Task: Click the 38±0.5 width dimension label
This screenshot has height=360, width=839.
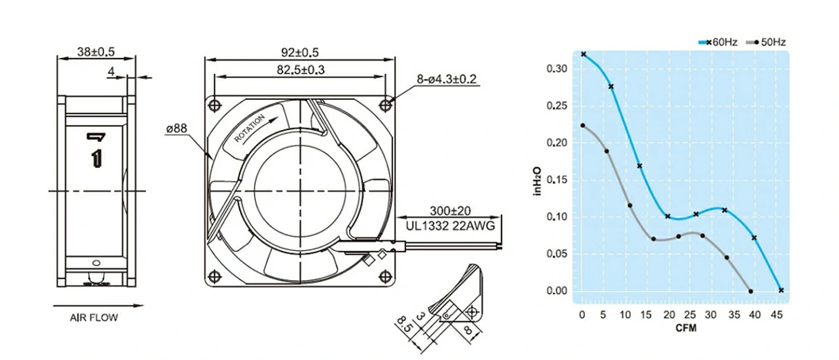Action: click(x=96, y=51)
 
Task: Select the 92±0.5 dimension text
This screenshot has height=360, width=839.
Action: click(x=301, y=51)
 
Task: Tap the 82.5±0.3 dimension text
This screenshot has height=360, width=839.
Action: click(x=301, y=70)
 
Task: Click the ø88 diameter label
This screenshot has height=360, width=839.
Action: click(x=179, y=128)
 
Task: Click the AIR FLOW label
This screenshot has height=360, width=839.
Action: click(x=93, y=318)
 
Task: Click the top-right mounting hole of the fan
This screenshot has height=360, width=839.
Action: click(x=386, y=104)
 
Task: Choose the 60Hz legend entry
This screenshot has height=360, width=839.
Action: click(x=719, y=41)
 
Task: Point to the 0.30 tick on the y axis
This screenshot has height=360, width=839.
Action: click(x=556, y=68)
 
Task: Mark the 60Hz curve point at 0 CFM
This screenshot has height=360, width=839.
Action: click(x=583, y=54)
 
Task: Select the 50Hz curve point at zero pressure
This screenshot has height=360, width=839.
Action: click(x=750, y=291)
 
